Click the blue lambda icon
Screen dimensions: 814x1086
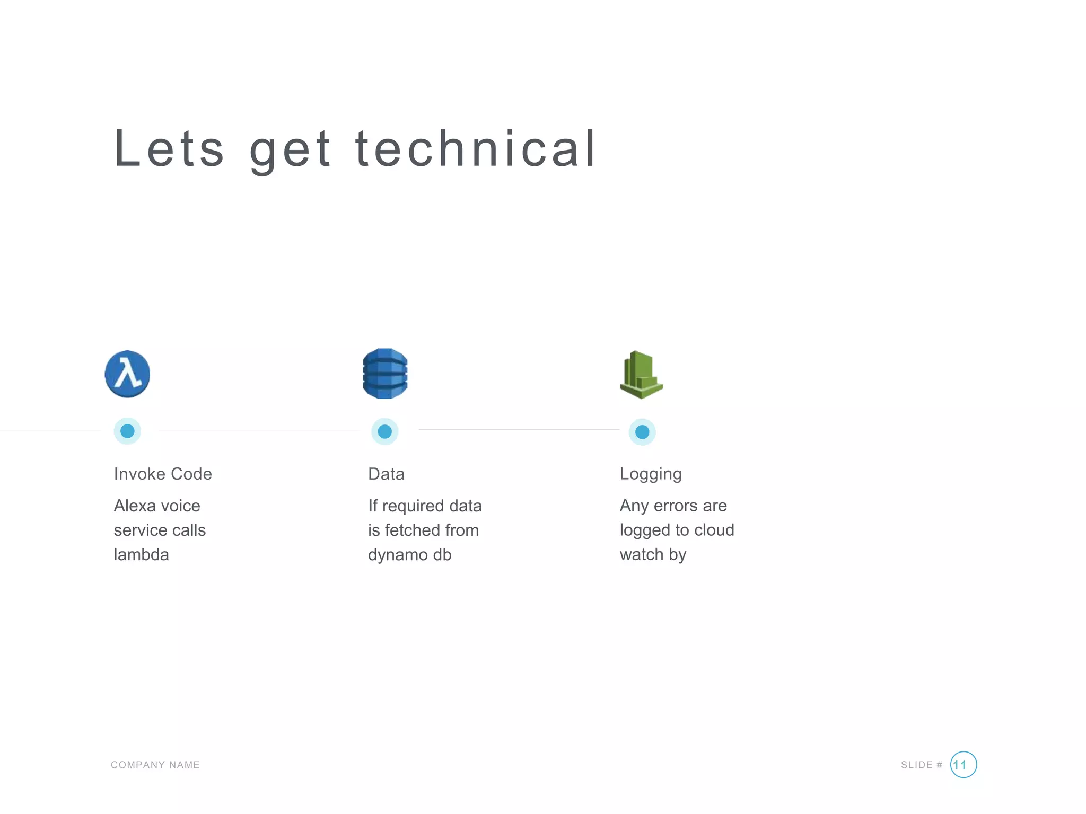[x=127, y=374]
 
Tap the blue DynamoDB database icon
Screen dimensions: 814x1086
[x=385, y=374]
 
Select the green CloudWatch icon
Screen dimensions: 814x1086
[x=641, y=375]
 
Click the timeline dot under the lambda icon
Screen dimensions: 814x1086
[x=127, y=431]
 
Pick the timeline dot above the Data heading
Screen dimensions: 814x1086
[x=385, y=431]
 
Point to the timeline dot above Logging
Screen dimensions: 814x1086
[x=642, y=432]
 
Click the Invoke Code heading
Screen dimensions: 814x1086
[x=163, y=474]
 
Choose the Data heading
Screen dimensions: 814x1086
[x=386, y=474]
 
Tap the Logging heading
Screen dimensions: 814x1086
[x=651, y=474]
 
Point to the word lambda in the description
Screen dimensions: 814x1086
[x=141, y=554]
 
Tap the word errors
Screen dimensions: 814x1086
[x=676, y=506]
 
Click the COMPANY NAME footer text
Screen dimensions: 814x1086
[x=155, y=765]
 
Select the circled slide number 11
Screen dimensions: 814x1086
[x=963, y=765]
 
